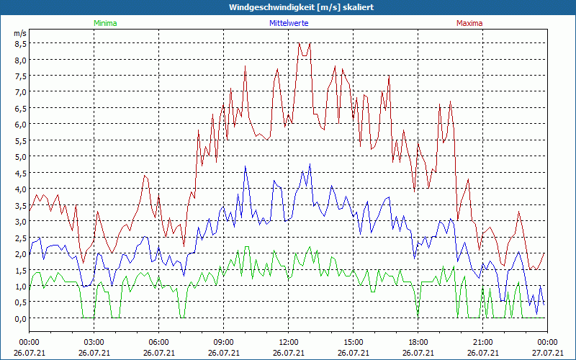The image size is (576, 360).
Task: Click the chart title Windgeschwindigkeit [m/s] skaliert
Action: point(288,7)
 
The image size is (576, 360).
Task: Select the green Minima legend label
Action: point(104,23)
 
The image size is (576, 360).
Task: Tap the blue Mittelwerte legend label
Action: point(288,23)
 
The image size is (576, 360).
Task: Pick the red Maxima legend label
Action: point(469,23)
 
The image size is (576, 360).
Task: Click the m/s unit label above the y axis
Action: point(19,33)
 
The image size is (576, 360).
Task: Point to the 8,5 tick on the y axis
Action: point(19,43)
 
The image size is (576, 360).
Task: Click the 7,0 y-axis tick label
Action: point(19,91)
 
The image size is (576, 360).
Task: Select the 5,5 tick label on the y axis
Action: point(19,140)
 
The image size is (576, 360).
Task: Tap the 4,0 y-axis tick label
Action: point(19,189)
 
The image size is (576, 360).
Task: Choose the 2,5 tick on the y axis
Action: point(19,238)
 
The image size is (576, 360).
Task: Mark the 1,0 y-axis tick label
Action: point(19,286)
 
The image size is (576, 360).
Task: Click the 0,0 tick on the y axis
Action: point(19,318)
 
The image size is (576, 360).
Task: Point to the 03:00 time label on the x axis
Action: point(94,342)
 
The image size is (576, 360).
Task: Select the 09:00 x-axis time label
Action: point(223,342)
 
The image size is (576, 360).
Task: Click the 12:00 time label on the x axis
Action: point(288,342)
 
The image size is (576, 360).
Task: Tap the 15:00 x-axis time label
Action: point(353,342)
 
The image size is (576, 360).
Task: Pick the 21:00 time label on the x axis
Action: point(482,342)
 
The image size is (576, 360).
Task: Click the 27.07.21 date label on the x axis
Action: point(547,353)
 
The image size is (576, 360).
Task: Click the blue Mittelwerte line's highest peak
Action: point(310,164)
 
